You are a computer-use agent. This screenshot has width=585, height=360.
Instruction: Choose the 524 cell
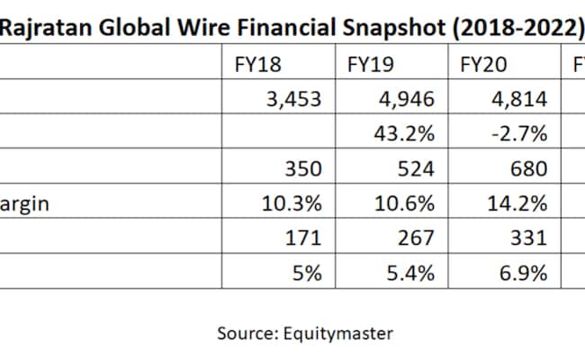click(x=416, y=169)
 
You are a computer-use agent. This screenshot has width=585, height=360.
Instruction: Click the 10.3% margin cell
click(x=291, y=204)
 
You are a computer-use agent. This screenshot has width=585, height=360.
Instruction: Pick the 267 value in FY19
click(x=416, y=238)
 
